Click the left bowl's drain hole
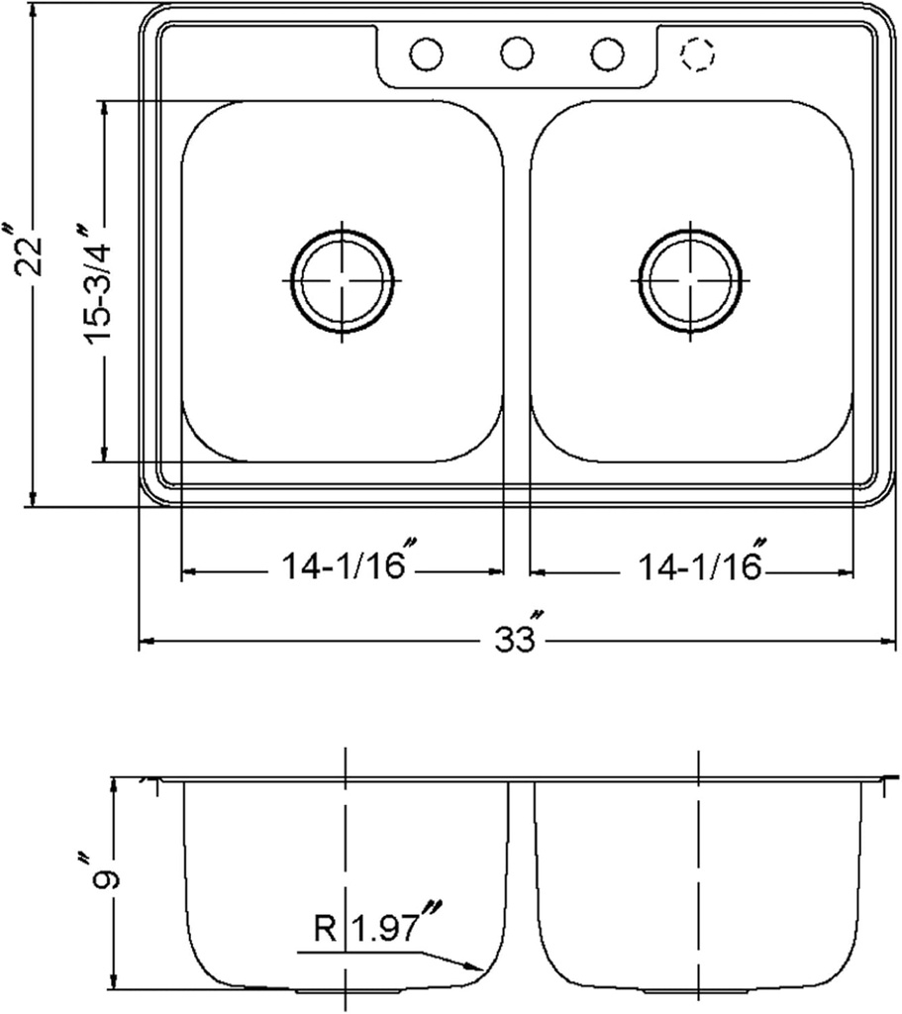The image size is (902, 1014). click(342, 281)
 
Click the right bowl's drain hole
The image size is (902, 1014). click(690, 281)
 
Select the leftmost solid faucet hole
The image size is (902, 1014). click(426, 53)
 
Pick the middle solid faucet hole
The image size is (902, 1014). click(516, 53)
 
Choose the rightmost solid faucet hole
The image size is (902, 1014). click(607, 53)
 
